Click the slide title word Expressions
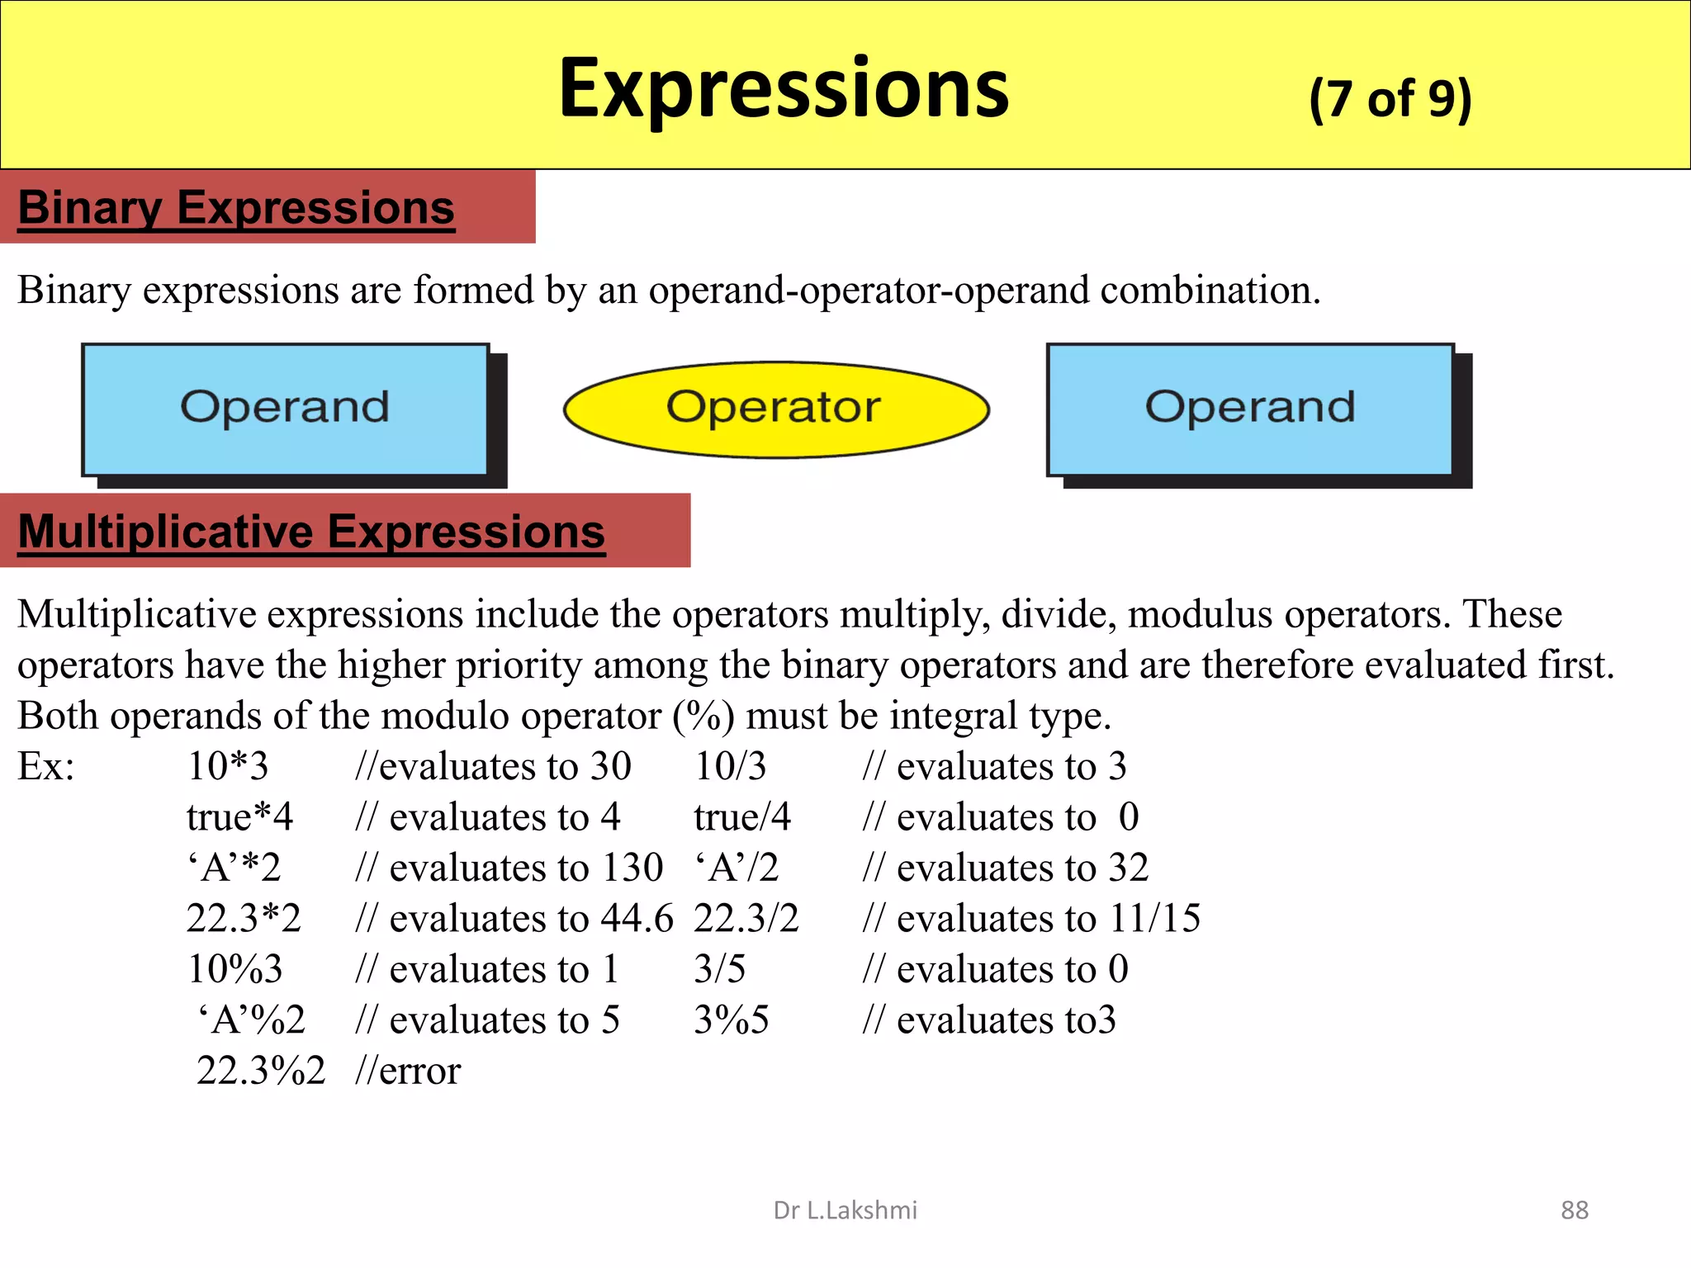point(784,88)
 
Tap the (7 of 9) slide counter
point(1390,99)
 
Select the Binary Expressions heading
point(236,207)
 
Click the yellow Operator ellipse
point(775,409)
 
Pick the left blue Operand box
point(285,409)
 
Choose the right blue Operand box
point(1250,409)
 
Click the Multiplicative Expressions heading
point(311,531)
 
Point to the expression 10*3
point(228,766)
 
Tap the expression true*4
point(239,817)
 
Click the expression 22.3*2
point(244,918)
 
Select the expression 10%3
point(235,969)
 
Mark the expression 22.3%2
point(261,1071)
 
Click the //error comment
point(408,1071)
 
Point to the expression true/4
point(741,817)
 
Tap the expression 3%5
point(731,1020)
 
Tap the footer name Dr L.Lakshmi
point(845,1210)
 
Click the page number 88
point(1574,1210)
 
